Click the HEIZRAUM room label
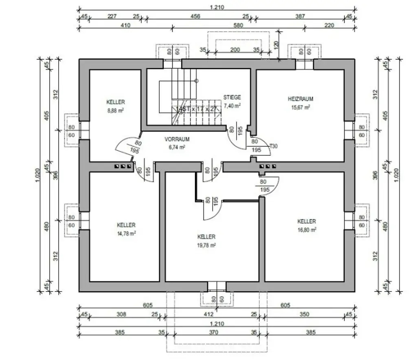pyautogui.click(x=300, y=99)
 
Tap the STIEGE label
pyautogui.click(x=232, y=97)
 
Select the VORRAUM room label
pyautogui.click(x=177, y=139)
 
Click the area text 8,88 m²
pyautogui.click(x=115, y=110)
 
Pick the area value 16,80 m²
pyautogui.click(x=307, y=230)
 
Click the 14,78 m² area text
pyautogui.click(x=126, y=233)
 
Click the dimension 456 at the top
pyautogui.click(x=196, y=16)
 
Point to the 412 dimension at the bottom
pyautogui.click(x=208, y=314)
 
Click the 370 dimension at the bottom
pyautogui.click(x=213, y=332)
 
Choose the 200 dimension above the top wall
pyautogui.click(x=235, y=50)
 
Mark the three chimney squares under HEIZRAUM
pyautogui.click(x=268, y=166)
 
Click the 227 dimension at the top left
pyautogui.click(x=112, y=16)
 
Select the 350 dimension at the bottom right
pyautogui.click(x=304, y=314)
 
